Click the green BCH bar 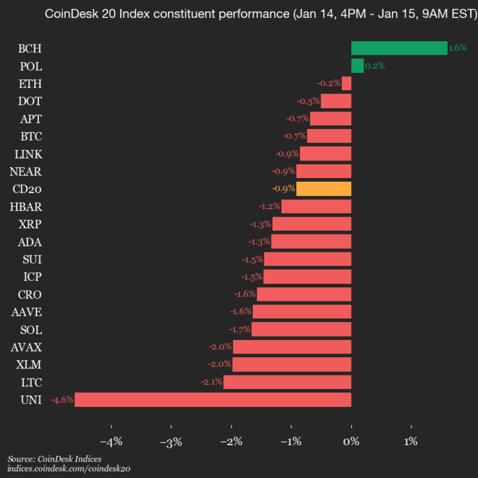[399, 48]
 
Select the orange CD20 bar [323, 189]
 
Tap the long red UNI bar [212, 400]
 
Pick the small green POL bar [357, 66]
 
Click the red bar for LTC [287, 382]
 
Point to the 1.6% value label [457, 48]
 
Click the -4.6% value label [62, 400]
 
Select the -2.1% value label [211, 382]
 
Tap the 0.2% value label [375, 66]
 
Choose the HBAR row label [26, 206]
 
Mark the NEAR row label [26, 171]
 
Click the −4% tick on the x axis [111, 441]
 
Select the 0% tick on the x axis [351, 441]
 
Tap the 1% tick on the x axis [411, 441]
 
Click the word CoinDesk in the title [70, 13]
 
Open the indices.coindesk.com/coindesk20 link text [68, 469]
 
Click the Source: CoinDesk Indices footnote [54, 459]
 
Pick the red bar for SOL [301, 329]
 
